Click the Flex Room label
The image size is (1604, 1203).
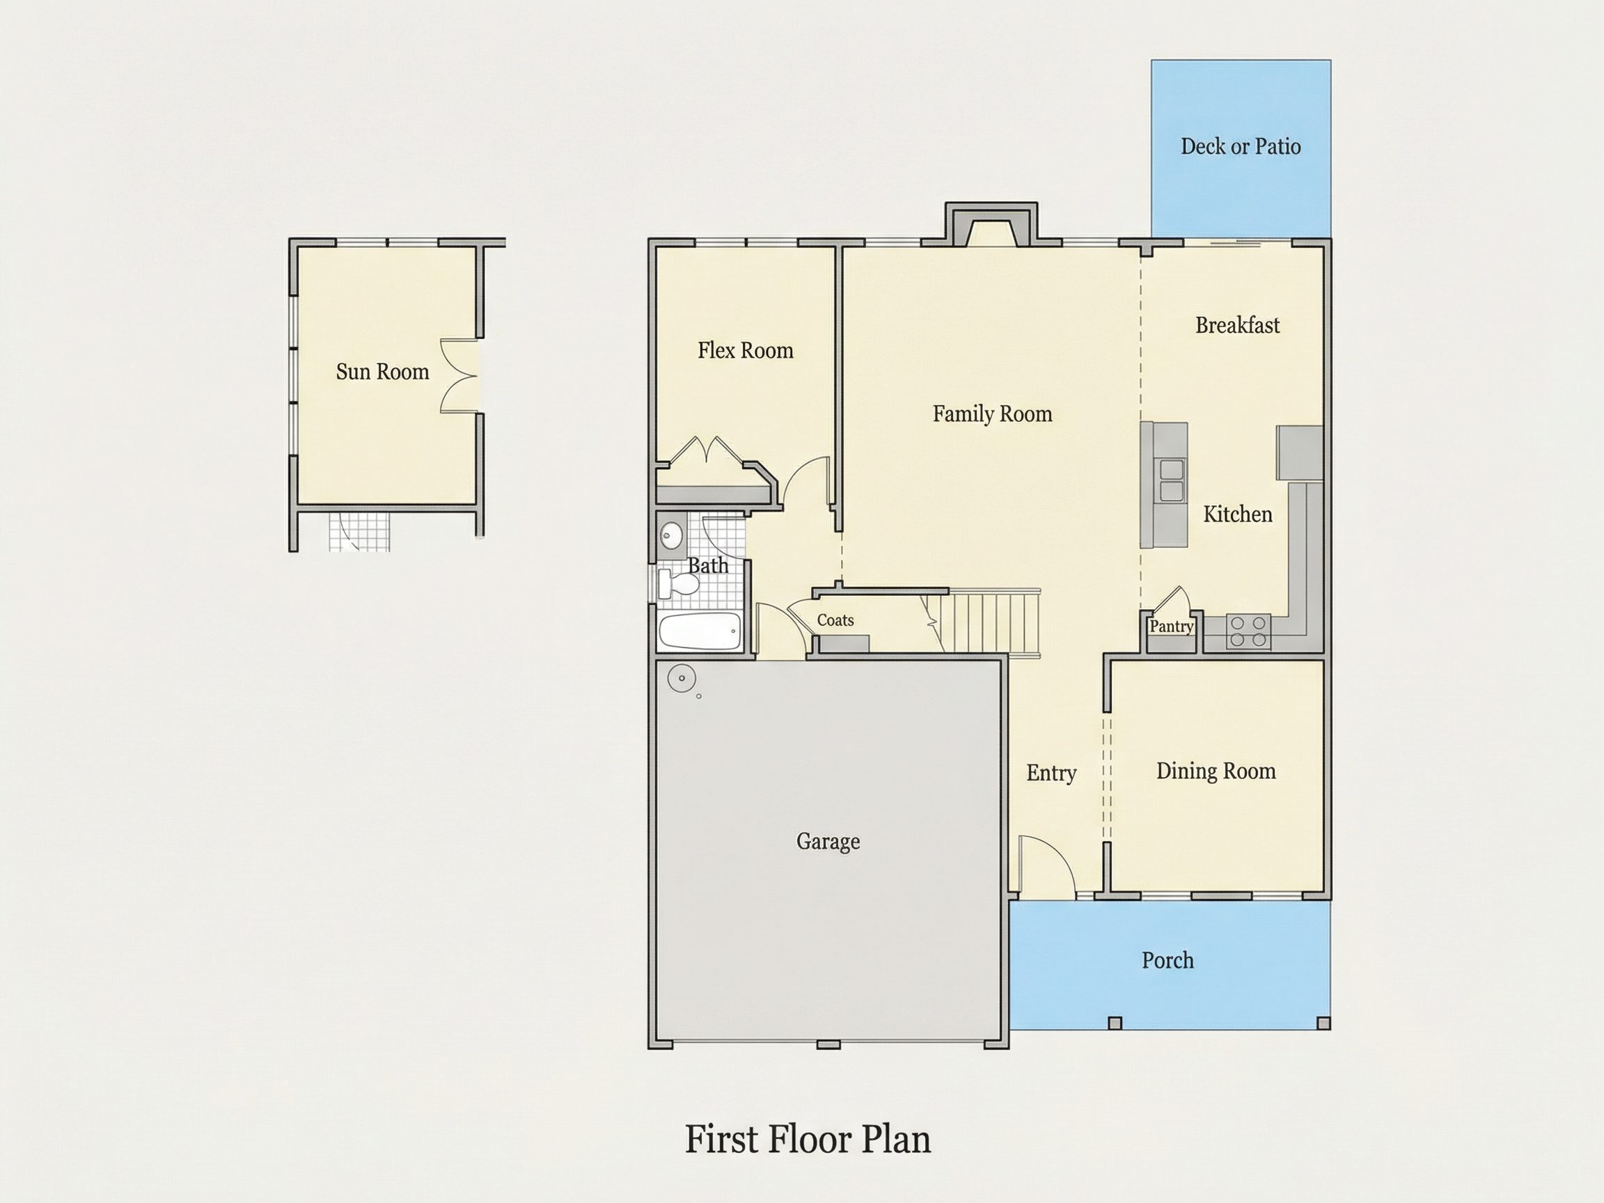point(746,351)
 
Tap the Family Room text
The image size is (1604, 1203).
point(992,414)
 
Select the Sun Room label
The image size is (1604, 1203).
point(382,372)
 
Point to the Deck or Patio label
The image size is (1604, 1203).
point(1241,146)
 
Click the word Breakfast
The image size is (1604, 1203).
point(1238,325)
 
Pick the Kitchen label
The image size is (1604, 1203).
point(1238,514)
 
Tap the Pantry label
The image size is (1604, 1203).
point(1171,627)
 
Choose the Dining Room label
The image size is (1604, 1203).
point(1216,771)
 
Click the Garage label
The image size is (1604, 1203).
point(828,842)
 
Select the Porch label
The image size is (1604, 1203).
point(1167,960)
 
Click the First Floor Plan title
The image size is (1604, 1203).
point(808,1139)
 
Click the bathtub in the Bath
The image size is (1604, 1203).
point(700,631)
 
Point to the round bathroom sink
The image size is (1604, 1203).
point(672,537)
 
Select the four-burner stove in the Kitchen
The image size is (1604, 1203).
point(1248,631)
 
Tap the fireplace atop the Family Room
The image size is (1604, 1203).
point(991,225)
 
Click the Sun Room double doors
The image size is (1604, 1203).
point(458,377)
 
